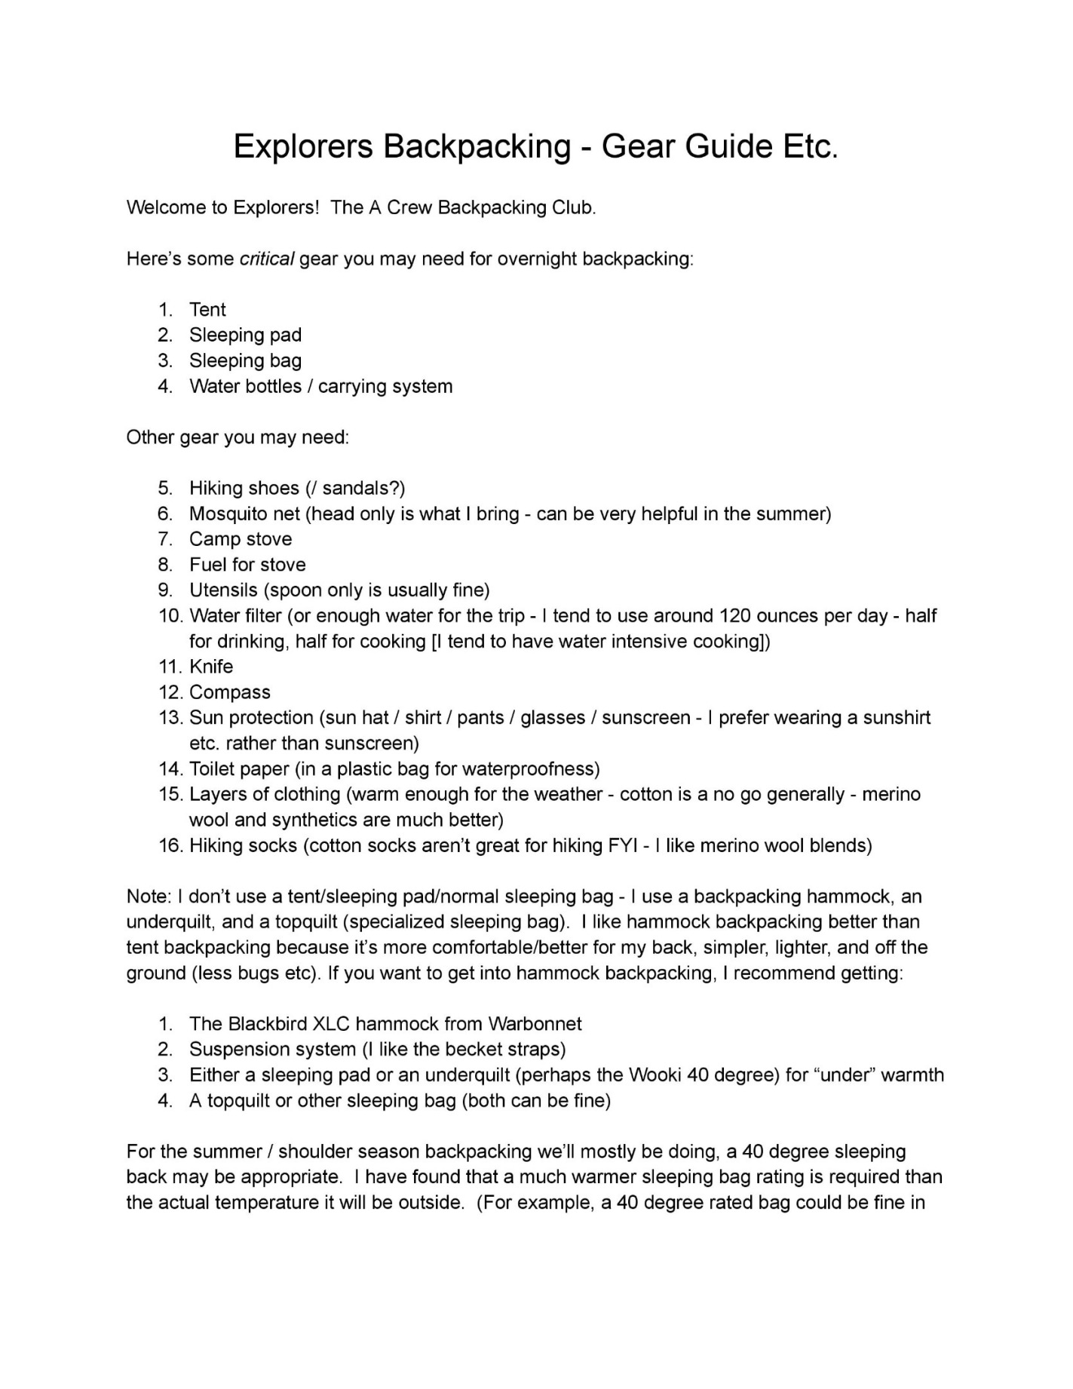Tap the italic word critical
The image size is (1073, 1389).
[x=266, y=259]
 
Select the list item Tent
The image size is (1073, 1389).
[x=207, y=310]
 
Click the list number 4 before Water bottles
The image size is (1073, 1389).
[x=165, y=387]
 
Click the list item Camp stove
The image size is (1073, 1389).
[x=240, y=540]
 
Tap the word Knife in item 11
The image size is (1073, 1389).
[x=211, y=667]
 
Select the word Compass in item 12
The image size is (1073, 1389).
[x=229, y=693]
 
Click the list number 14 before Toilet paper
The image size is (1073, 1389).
[x=170, y=769]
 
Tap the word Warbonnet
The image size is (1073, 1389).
[x=535, y=1024]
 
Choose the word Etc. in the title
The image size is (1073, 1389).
[x=810, y=146]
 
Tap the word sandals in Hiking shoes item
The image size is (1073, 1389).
[x=356, y=489]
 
